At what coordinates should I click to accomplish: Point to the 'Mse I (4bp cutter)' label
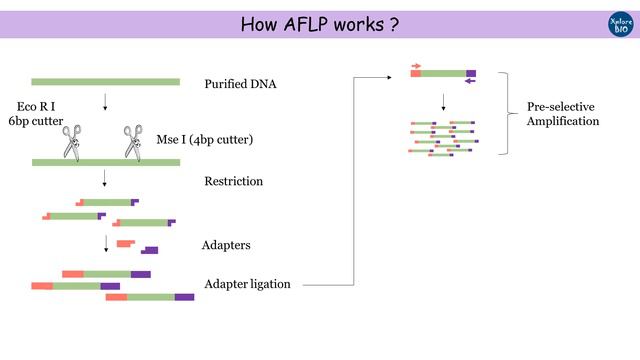point(205,140)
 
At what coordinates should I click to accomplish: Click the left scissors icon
point(73,142)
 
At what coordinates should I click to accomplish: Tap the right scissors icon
point(133,142)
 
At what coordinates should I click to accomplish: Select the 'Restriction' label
point(233,182)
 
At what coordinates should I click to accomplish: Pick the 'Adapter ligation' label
point(247,284)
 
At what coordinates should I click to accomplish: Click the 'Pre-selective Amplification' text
point(563,113)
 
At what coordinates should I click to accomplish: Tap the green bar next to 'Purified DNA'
point(105,82)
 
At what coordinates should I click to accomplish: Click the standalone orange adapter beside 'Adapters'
point(125,243)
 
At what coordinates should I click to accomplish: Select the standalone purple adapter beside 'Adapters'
point(150,250)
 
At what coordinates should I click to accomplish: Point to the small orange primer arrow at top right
point(416,66)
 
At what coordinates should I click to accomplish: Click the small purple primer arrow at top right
point(471,82)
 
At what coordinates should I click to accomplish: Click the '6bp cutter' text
point(34,121)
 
